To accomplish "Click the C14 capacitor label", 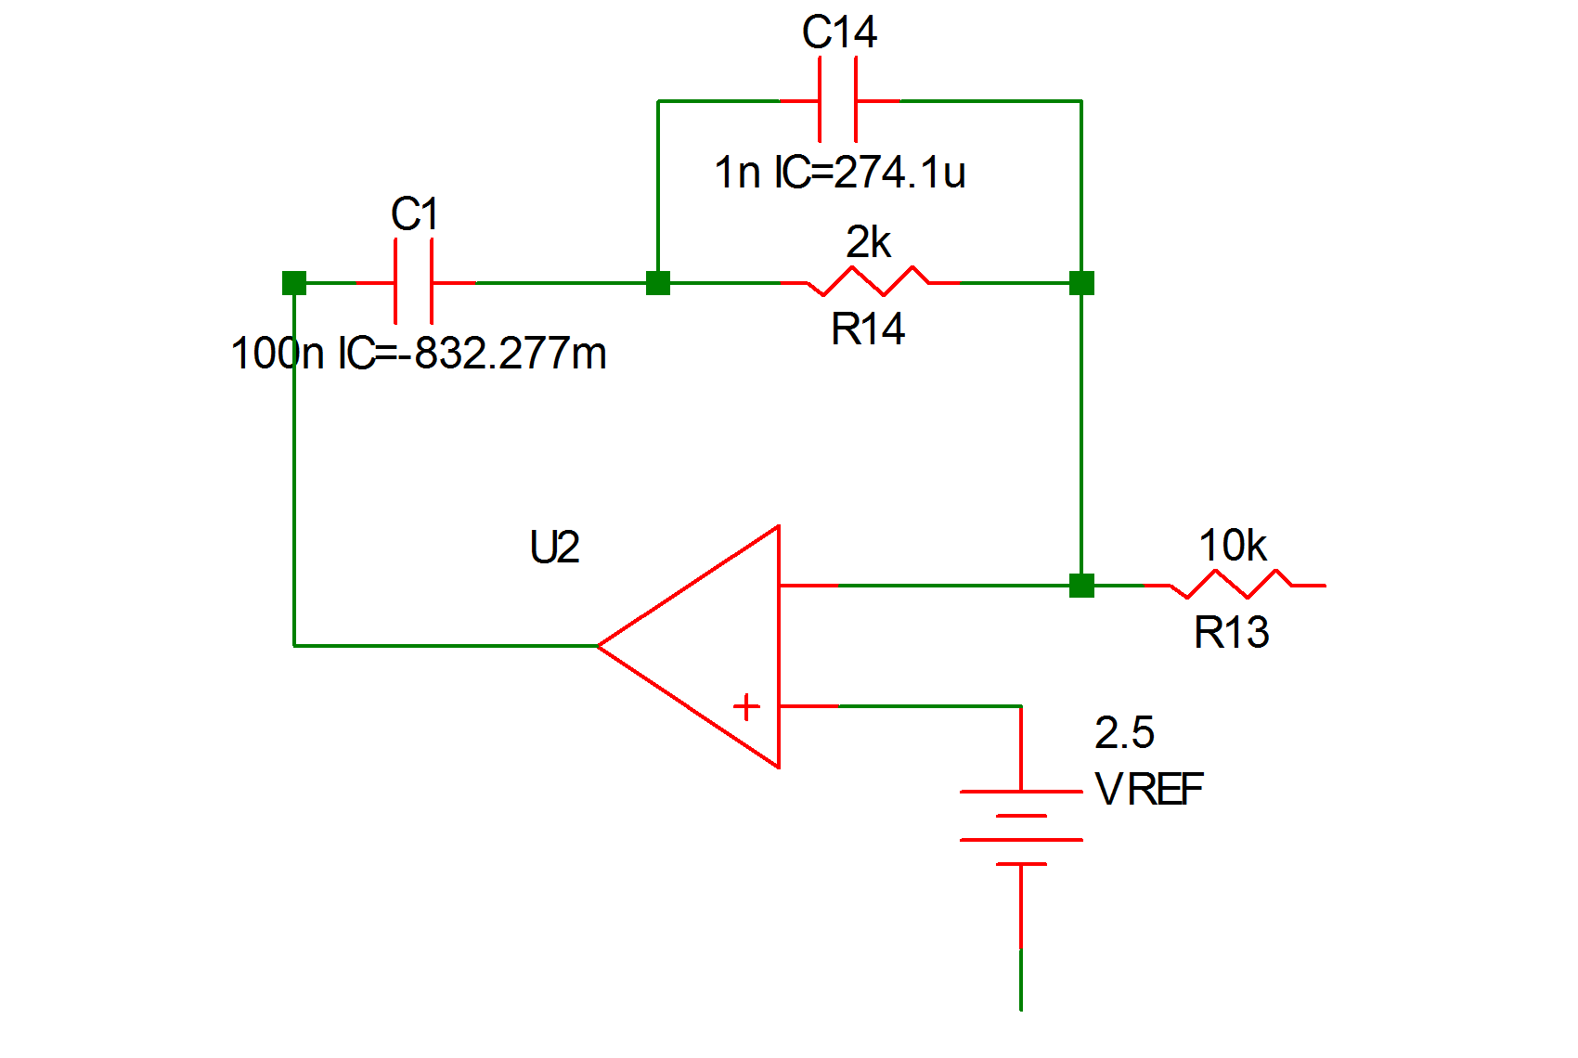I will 839,33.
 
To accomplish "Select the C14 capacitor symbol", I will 838,100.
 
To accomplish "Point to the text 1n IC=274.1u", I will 840,173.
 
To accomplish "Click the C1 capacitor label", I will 414,215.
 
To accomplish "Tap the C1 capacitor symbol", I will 414,282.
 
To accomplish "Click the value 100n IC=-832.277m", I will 419,354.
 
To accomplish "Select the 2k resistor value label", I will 868,243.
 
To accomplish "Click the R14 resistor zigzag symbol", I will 869,281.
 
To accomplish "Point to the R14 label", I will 868,329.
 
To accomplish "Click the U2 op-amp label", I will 554,548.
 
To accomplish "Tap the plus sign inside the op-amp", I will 746,707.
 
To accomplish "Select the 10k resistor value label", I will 1232,546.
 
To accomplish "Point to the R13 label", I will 1231,633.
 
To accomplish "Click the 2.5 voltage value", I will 1124,733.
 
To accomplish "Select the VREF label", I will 1149,791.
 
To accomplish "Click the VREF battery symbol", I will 1021,828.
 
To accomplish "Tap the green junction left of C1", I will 294,283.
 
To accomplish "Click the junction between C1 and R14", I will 658,283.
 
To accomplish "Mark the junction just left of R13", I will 1081,586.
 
